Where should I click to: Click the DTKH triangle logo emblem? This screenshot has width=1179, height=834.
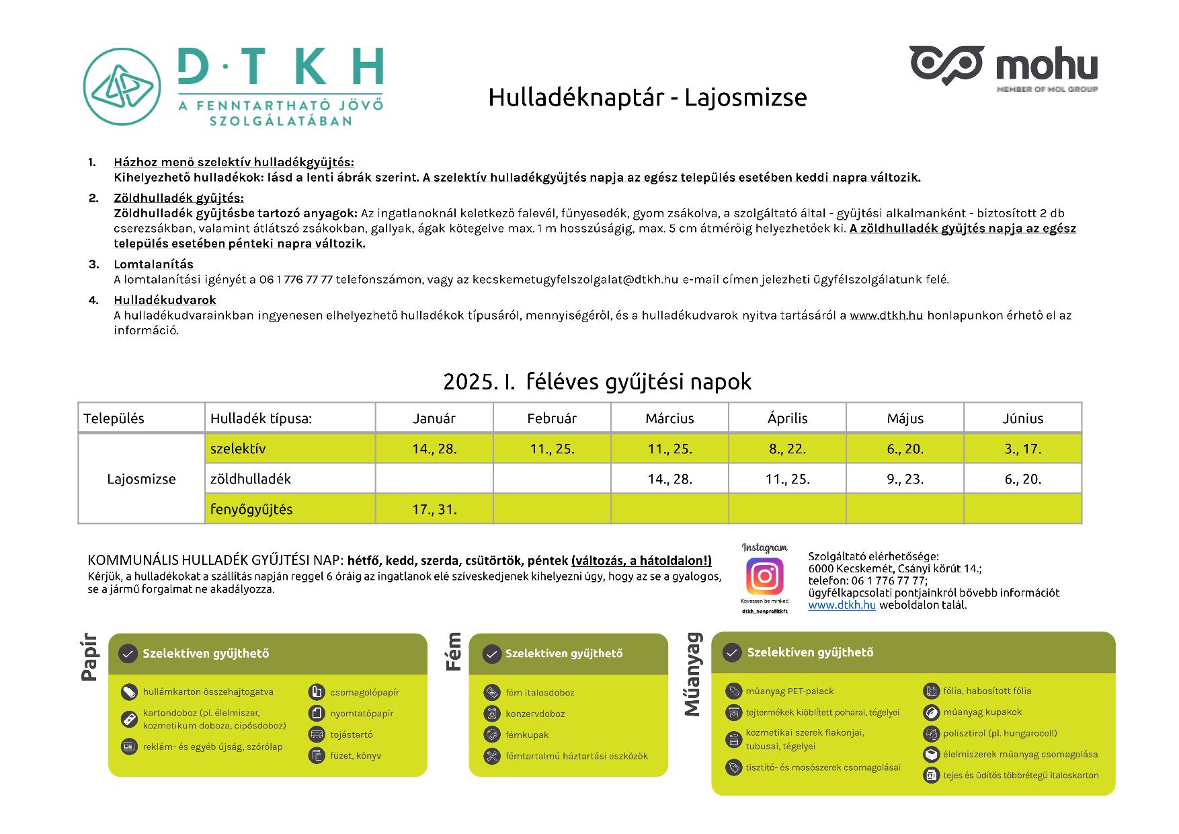(x=122, y=87)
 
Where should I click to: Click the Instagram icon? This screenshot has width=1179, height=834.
(x=764, y=576)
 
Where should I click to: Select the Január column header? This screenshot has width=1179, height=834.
(x=434, y=418)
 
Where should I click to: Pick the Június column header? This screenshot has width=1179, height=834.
(x=1022, y=418)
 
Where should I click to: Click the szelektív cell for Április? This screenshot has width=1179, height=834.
(x=787, y=449)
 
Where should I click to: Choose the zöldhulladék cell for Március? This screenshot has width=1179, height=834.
(x=669, y=479)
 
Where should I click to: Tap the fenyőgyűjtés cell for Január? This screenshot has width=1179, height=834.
(x=434, y=509)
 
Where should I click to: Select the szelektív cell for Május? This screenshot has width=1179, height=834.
(x=905, y=449)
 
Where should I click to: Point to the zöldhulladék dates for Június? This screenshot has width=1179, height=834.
(x=1022, y=479)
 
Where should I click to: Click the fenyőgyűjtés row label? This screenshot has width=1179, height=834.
(x=251, y=509)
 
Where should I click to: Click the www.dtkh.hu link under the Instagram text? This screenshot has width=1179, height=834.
(x=842, y=605)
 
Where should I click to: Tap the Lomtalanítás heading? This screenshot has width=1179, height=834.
(x=153, y=264)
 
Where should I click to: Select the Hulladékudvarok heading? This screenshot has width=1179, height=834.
(x=165, y=300)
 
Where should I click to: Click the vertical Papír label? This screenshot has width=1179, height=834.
(x=89, y=657)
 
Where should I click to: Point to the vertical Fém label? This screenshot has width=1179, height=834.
(x=455, y=651)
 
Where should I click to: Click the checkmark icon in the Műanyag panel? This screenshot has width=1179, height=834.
(x=731, y=652)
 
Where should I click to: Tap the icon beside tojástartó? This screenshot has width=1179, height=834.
(x=317, y=734)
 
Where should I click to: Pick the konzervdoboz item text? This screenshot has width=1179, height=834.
(x=535, y=714)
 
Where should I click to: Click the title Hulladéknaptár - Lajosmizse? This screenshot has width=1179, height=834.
(x=647, y=98)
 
